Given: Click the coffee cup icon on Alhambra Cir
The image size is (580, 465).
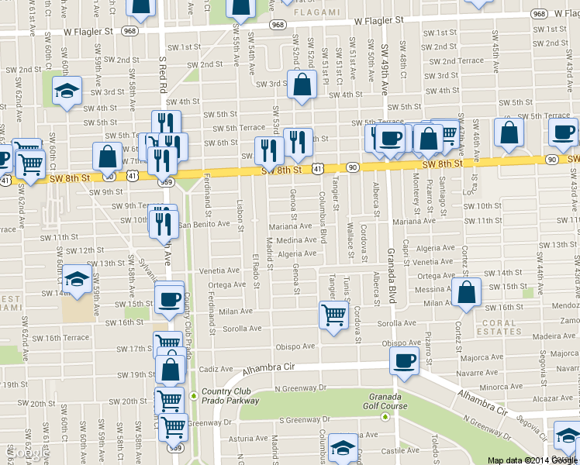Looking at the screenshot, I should click(404, 360).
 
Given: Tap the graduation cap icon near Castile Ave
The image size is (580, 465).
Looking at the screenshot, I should click(342, 447).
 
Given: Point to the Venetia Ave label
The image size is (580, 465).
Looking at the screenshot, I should click(219, 271).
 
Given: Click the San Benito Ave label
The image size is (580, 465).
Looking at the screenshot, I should click(205, 224).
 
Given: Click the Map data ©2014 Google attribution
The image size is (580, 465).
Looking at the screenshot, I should click(532, 460).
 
